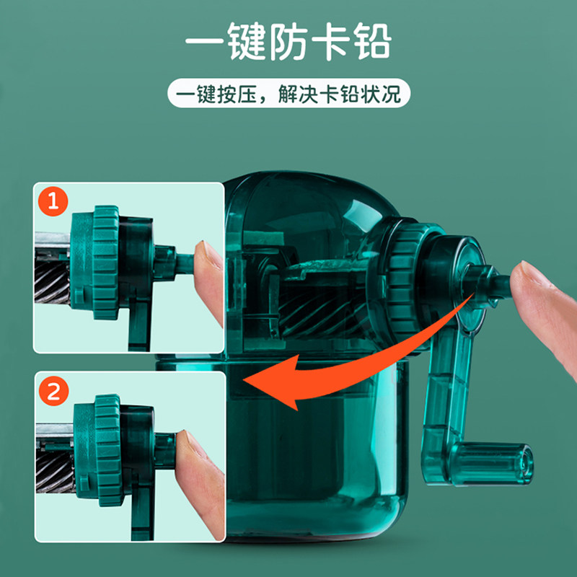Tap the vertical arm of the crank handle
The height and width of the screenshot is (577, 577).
coord(441,393)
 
